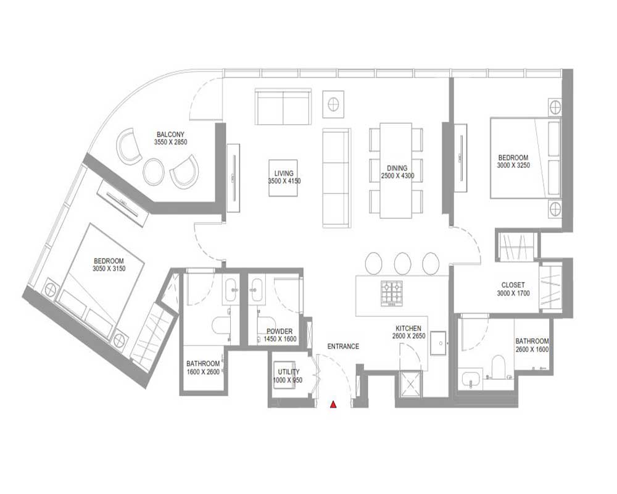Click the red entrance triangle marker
[x=333, y=404]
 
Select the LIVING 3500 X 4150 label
[x=284, y=177]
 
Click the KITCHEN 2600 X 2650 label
[x=409, y=332]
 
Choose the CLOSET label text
[x=513, y=285]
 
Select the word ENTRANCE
[x=343, y=346]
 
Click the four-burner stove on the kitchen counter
[x=391, y=293]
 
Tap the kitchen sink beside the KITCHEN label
[x=438, y=343]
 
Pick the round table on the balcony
[x=153, y=172]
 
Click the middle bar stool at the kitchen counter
[x=402, y=263]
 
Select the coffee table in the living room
[x=283, y=178]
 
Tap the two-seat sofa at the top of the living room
[x=283, y=107]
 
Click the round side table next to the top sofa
[x=334, y=104]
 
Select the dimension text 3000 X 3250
[x=513, y=165]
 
